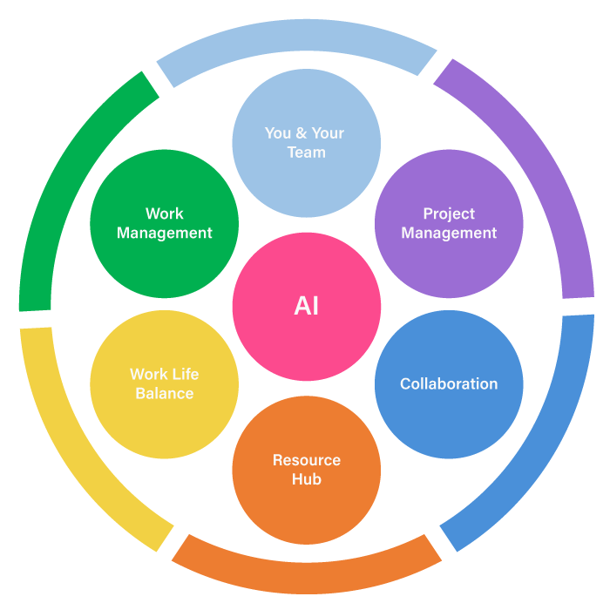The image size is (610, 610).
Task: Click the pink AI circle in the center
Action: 307,307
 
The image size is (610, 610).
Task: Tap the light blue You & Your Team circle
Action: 307,143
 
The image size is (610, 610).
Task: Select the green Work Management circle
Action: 164,224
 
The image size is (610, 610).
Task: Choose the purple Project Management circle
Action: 449,224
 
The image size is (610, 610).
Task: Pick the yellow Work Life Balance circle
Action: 164,384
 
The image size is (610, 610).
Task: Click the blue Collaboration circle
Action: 449,384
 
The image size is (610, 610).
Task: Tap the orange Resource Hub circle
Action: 307,470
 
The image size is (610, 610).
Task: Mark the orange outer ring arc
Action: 307,578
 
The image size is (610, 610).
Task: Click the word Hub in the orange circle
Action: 307,479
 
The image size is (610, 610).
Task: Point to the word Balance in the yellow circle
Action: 165,394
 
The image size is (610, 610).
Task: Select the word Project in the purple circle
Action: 449,214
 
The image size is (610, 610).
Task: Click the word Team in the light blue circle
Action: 307,152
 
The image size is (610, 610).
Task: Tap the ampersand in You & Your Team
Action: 302,133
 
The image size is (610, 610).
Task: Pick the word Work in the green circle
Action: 164,213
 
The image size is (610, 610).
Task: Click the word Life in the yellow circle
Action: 186,374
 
